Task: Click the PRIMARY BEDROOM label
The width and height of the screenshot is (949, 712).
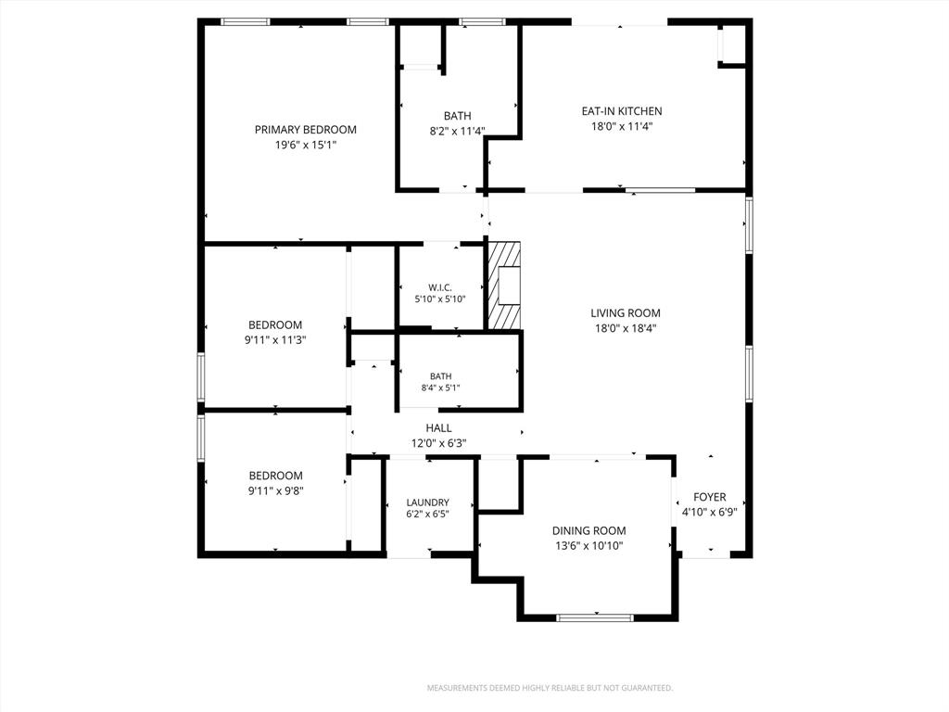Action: [305, 130]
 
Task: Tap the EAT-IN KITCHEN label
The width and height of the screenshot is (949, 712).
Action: [622, 111]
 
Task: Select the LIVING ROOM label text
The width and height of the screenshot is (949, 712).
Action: [626, 313]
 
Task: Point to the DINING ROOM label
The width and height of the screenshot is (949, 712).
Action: [588, 530]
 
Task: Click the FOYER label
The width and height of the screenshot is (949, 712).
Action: [709, 497]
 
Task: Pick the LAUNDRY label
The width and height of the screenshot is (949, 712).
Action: [427, 502]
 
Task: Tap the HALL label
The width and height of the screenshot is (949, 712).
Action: [438, 428]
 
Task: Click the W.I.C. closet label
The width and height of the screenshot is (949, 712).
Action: [440, 287]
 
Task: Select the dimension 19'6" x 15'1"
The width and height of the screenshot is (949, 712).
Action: [305, 146]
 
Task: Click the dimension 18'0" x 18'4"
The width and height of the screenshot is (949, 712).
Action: [626, 329]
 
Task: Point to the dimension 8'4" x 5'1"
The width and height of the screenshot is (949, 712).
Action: [440, 388]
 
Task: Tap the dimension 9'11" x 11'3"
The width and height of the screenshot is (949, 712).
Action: [275, 340]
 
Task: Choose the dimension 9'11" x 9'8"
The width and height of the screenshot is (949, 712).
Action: [275, 491]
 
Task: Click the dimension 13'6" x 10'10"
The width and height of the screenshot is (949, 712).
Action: [588, 546]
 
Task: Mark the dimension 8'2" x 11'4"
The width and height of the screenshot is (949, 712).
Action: [457, 131]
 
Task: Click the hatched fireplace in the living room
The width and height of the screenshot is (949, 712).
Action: [503, 286]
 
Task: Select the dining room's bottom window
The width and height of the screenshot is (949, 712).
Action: [595, 618]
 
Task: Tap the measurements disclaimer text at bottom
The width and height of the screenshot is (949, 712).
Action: [550, 688]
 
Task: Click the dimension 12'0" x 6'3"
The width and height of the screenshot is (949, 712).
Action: [438, 443]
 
